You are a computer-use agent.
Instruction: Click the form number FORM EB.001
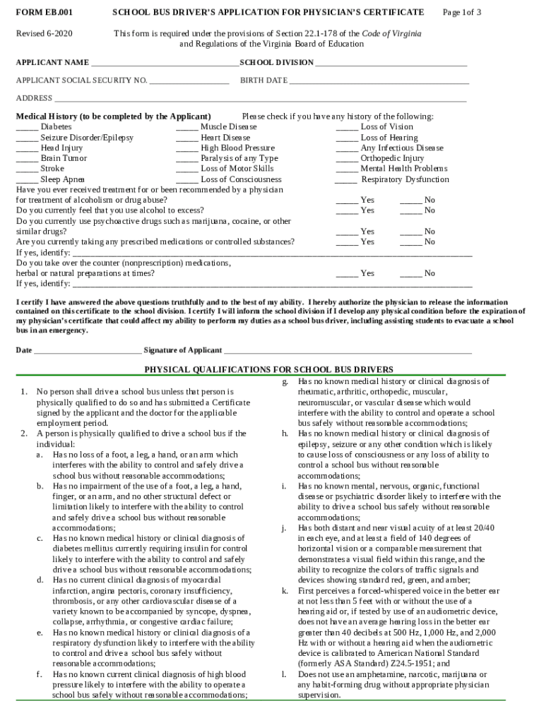tap(45, 13)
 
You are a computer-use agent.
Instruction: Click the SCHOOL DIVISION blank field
tap(391, 64)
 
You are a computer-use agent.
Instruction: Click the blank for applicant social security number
tap(189, 81)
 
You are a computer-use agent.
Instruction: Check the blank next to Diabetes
tap(27, 128)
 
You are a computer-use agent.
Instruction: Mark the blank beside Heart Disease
tap(187, 138)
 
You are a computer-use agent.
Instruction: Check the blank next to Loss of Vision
tap(347, 128)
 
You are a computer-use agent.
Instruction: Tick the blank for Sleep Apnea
tap(27, 180)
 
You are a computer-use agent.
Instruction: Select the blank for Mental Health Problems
tap(347, 169)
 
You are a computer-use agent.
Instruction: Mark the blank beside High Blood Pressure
tap(187, 149)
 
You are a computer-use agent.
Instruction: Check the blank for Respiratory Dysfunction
tap(345, 180)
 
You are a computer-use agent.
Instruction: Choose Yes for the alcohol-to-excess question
tap(347, 211)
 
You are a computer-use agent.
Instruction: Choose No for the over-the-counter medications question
tap(411, 274)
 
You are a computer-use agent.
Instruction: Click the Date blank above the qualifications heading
tap(87, 351)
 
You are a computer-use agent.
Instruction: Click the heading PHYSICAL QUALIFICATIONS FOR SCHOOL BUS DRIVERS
tap(269, 369)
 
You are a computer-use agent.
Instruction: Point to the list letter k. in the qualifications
tap(285, 590)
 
